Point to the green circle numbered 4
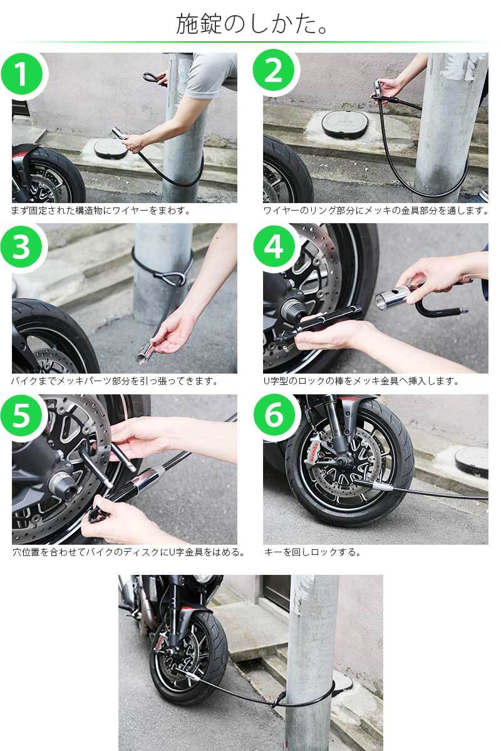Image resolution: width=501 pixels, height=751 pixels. [274, 247]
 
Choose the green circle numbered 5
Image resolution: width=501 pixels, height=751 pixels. [21, 415]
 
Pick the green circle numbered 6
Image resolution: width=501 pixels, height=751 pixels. [274, 415]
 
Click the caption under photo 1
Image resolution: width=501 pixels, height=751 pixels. [101, 210]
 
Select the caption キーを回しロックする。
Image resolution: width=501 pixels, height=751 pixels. [312, 552]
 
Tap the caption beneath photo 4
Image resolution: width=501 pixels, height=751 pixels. [361, 381]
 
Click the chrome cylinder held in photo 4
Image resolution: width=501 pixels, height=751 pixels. [393, 298]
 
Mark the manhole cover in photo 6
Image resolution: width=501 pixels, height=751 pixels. [471, 461]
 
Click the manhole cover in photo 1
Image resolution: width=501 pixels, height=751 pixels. [111, 149]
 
